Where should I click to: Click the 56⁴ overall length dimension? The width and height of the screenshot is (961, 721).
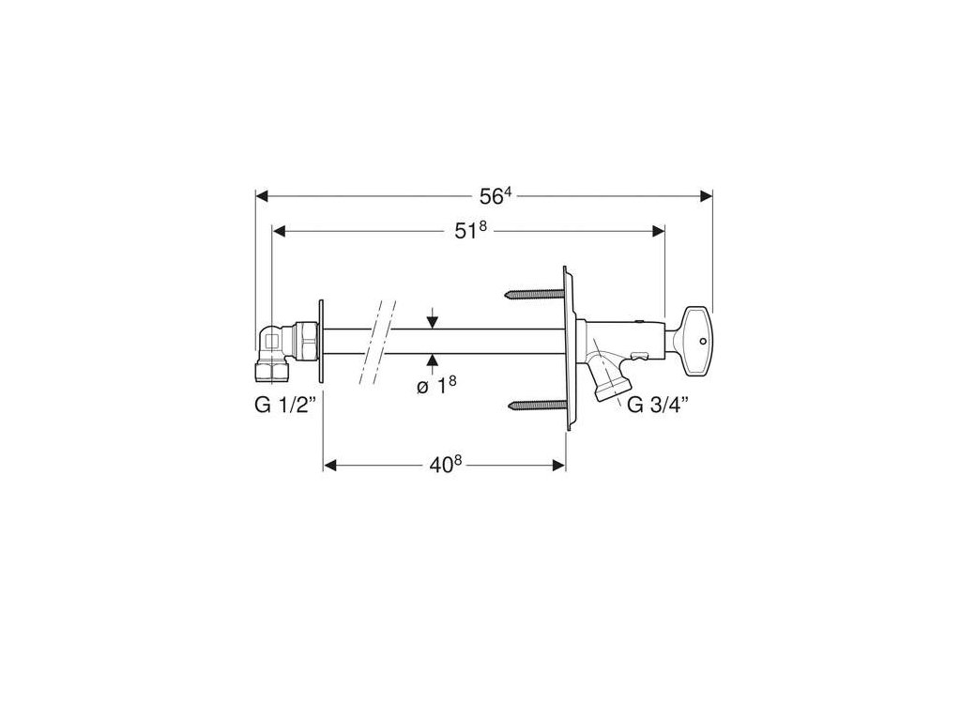tap(496, 196)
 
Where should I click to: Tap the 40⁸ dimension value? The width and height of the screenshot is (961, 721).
tap(445, 466)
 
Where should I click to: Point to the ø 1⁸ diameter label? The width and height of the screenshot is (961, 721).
tap(436, 386)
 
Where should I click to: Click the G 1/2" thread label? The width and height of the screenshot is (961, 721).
tap(285, 406)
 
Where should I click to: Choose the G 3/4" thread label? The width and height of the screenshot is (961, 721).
tap(658, 404)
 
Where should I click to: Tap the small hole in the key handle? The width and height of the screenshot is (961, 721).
tap(702, 340)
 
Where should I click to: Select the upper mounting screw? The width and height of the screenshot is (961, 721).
tap(534, 295)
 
